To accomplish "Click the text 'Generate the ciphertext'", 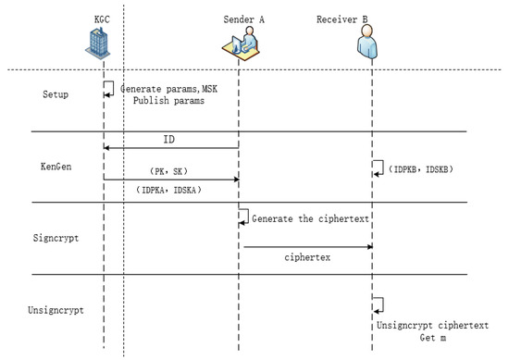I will pyautogui.click(x=302, y=217).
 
